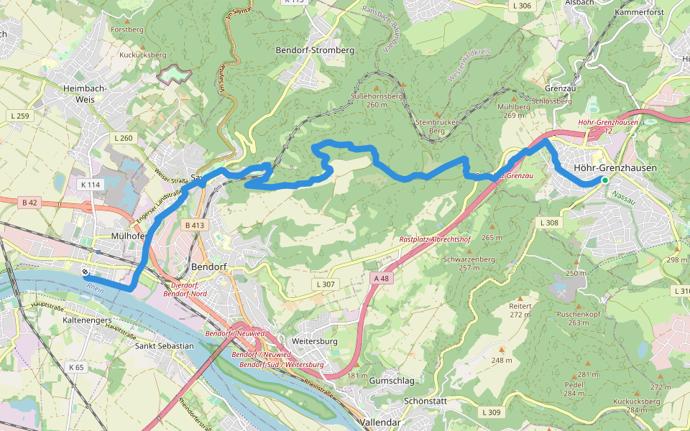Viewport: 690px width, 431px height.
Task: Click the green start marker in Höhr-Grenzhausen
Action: [x=605, y=180]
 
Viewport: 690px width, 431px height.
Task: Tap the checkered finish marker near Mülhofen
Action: [x=85, y=272]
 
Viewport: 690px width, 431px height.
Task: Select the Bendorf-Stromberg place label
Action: [x=315, y=50]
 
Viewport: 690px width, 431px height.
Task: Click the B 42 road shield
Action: [x=29, y=203]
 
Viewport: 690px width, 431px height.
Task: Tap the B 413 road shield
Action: [x=195, y=225]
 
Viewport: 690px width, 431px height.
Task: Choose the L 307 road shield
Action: [x=325, y=284]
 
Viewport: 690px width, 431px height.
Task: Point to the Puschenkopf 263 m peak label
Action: [x=579, y=318]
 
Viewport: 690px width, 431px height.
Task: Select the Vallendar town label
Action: [x=381, y=422]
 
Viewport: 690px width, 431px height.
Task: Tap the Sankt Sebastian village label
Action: [x=164, y=346]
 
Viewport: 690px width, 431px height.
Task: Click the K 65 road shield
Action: [x=76, y=367]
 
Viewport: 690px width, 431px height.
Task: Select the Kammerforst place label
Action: [x=640, y=12]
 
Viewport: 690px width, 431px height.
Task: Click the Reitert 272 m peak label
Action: [x=520, y=310]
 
